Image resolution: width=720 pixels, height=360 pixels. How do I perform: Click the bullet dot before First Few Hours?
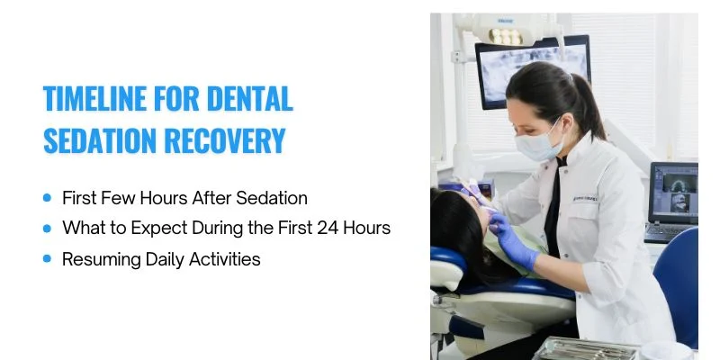[x=47, y=198]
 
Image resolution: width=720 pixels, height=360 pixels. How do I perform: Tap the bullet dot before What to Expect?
[x=47, y=229]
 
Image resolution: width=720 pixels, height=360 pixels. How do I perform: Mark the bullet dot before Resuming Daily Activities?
[x=47, y=259]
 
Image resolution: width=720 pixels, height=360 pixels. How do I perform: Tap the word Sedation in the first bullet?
[x=274, y=197]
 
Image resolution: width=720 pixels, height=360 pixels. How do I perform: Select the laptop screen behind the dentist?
[x=672, y=191]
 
